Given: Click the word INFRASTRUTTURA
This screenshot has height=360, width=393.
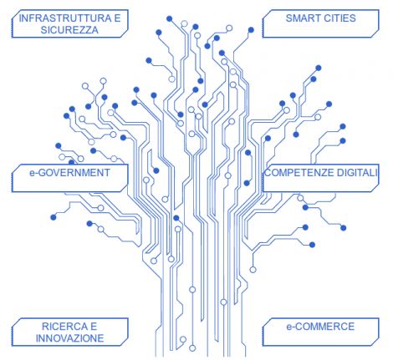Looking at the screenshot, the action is (65, 18).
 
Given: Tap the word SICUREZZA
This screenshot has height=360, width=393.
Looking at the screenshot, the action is (69, 30).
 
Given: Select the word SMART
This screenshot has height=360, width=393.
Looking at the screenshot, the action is (299, 18).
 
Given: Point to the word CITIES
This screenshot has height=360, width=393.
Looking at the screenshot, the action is (336, 18).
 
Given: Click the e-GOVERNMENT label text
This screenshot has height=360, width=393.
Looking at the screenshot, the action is (69, 173).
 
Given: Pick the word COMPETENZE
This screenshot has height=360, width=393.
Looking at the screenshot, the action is (299, 173).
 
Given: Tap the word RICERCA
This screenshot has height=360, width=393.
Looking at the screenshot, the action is (64, 327).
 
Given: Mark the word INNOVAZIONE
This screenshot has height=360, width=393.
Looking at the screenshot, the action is (69, 338).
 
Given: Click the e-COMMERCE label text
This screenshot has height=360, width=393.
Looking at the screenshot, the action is (320, 327).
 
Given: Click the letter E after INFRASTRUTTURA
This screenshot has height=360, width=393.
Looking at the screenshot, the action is (117, 18).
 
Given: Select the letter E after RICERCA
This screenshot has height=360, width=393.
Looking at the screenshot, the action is (94, 327).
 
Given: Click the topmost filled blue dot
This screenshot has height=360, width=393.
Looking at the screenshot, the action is (169, 18).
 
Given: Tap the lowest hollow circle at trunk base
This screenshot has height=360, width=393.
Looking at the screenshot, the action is (192, 348).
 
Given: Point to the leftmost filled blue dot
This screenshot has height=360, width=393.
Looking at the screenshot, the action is (54, 217).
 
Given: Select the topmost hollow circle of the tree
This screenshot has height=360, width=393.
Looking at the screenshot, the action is (184, 23).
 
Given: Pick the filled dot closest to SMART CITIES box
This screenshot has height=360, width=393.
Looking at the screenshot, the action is (251, 30).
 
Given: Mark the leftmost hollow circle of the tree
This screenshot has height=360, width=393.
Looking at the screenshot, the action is (62, 157).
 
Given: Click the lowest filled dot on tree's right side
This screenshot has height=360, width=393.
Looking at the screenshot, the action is (312, 245).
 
